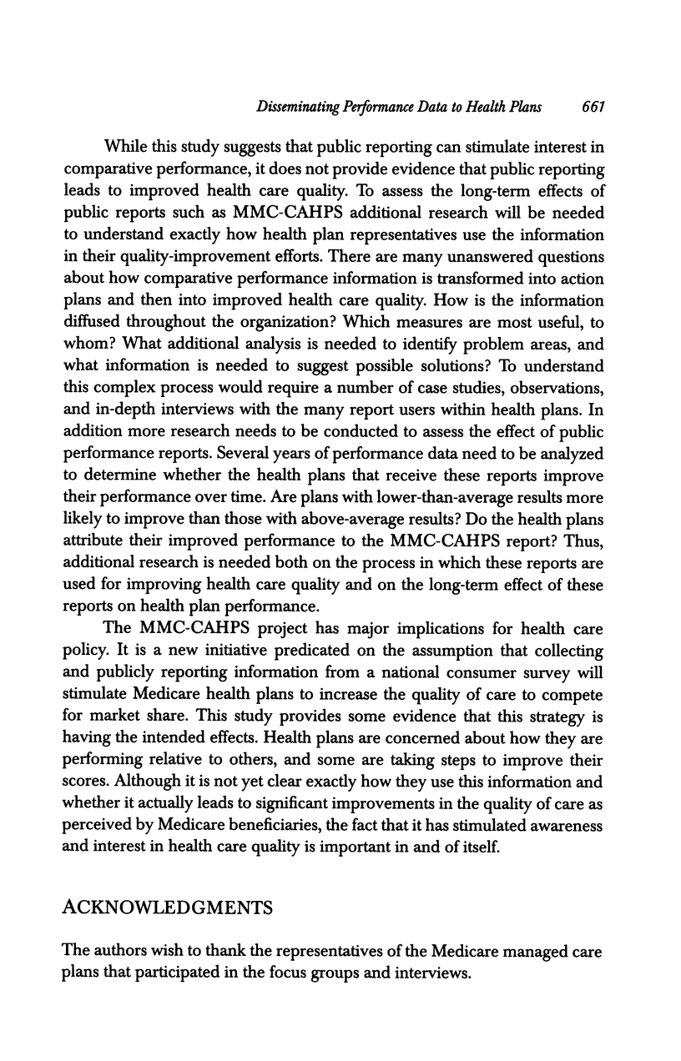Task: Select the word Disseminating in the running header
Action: (x=303, y=107)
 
